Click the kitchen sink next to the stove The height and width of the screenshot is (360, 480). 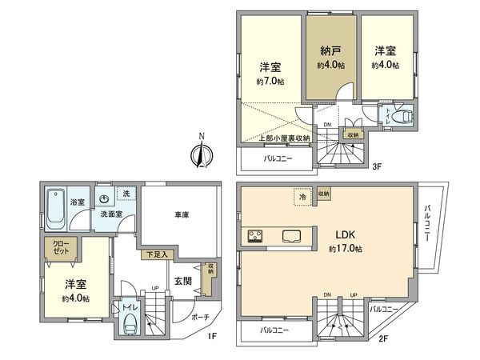pyautogui.click(x=289, y=236)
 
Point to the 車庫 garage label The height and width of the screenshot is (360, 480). pyautogui.click(x=179, y=215)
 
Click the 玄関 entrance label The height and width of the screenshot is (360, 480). pyautogui.click(x=182, y=281)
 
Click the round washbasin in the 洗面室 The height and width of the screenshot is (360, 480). pyautogui.click(x=106, y=199)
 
